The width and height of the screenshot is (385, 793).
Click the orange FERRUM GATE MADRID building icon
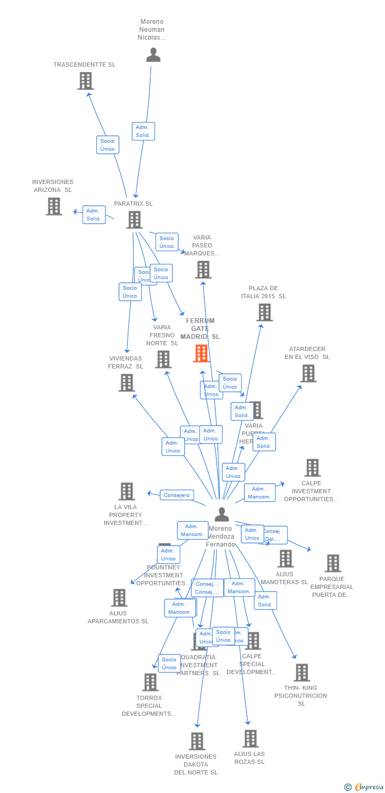tap(201, 353)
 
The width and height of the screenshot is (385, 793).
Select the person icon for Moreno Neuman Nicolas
tap(153, 55)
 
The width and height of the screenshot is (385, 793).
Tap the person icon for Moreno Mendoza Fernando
tap(222, 514)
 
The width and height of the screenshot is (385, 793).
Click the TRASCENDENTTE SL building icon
tap(85, 81)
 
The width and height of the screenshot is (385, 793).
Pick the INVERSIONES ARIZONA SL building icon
tap(54, 206)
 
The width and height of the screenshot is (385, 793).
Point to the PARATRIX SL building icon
tap(134, 219)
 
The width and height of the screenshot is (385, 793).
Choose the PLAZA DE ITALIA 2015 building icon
tap(264, 312)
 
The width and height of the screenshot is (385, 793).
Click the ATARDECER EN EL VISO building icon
tap(308, 373)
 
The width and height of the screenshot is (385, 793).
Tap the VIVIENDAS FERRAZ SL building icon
tap(126, 383)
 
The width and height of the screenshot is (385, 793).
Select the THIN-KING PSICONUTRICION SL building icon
tap(301, 672)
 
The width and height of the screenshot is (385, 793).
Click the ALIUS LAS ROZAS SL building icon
tap(250, 739)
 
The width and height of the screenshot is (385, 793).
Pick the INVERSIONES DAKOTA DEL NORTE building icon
tap(197, 741)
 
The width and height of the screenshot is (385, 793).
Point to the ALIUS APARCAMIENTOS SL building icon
tap(119, 598)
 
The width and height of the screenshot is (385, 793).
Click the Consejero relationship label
tap(177, 495)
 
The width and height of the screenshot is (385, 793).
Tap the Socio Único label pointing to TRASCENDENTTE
tap(107, 145)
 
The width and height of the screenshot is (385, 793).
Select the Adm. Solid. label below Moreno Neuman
tap(143, 131)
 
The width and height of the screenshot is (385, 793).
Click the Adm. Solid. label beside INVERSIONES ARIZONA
tap(94, 215)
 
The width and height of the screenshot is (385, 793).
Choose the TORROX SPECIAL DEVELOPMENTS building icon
tap(150, 682)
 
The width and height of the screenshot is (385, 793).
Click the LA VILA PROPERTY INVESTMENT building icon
tap(126, 491)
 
